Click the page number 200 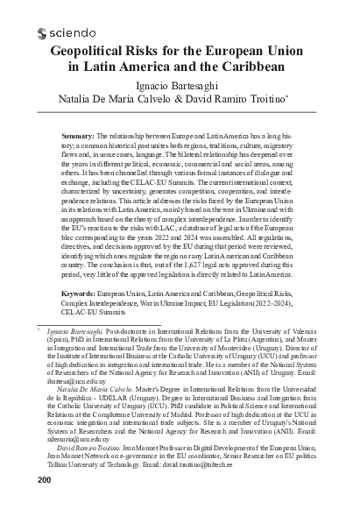click(x=17, y=480)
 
